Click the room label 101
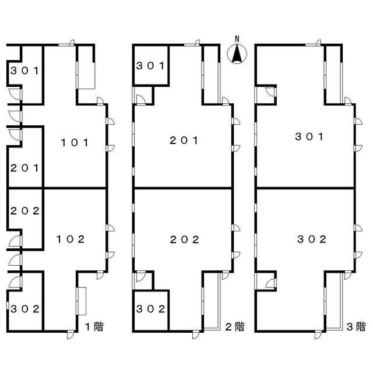coord(75,143)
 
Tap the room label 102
coord(71,240)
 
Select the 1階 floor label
coord(94,326)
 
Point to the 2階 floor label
coord(235,326)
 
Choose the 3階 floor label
coord(356,326)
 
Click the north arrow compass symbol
coord(237,54)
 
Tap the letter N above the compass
coord(237,39)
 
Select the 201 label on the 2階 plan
coord(184,140)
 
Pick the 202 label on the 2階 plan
coord(184,240)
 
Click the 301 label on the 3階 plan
coord(309,137)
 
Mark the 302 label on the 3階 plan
coord(312,240)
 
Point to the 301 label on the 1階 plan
coord(24,71)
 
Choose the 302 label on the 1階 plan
coord(25,309)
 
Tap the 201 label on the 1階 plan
coord(24,168)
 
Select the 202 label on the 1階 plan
coord(25,211)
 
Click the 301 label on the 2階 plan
coord(150,66)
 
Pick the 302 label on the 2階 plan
coord(150,309)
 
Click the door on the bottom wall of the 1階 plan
coord(71,335)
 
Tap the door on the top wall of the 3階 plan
coord(313,43)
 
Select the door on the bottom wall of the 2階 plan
coord(196,335)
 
